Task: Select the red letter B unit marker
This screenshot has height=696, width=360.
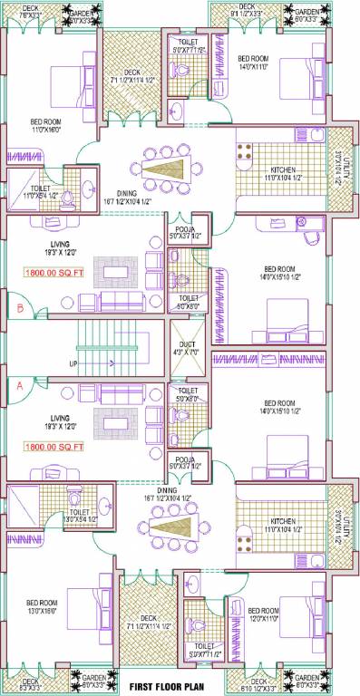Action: point(18,306)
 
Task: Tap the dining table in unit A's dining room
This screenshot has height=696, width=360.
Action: point(169,528)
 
